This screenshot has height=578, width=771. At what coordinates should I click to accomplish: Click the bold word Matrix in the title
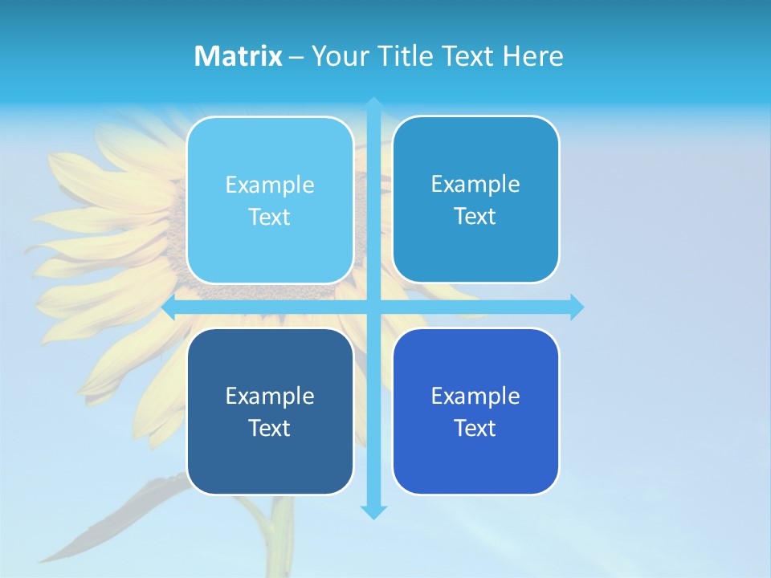(x=239, y=56)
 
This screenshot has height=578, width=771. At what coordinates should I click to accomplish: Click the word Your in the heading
(x=340, y=56)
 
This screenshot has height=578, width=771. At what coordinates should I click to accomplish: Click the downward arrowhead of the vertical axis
(x=373, y=512)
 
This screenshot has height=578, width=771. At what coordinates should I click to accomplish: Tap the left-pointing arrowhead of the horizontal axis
(x=169, y=307)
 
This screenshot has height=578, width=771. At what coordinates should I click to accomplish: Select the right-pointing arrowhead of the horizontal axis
(x=577, y=307)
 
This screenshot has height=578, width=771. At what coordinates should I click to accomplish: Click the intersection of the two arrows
(x=373, y=307)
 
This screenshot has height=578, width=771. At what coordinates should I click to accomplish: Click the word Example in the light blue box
(x=270, y=185)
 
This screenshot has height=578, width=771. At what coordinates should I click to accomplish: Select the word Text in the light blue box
(x=269, y=218)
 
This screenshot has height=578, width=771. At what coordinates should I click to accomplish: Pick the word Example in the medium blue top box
(x=475, y=185)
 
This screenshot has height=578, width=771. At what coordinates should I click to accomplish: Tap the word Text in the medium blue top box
(x=475, y=217)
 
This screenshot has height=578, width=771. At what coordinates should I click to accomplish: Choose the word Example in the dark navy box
(x=270, y=397)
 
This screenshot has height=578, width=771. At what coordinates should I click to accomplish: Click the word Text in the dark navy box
(x=269, y=429)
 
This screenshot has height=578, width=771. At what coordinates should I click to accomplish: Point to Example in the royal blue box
(x=475, y=397)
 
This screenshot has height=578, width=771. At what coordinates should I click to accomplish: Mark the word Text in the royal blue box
(x=475, y=429)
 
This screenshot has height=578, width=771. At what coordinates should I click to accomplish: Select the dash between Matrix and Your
(x=296, y=57)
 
